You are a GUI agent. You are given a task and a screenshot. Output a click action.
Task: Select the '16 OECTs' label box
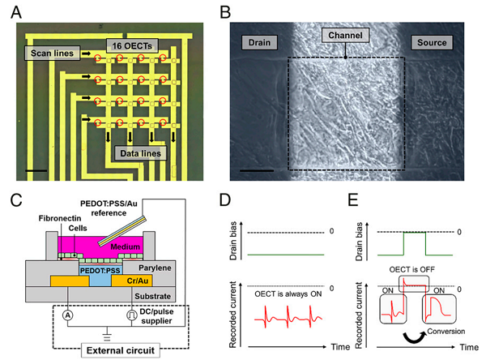[x=134, y=44]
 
